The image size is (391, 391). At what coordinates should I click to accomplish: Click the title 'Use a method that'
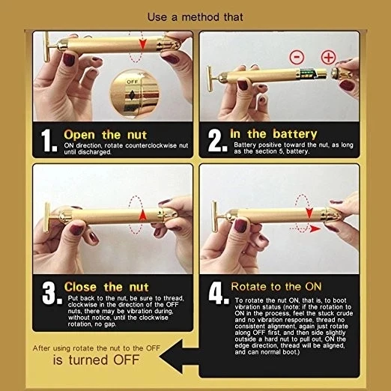[195, 17]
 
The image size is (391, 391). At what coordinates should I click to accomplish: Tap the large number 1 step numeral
[49, 140]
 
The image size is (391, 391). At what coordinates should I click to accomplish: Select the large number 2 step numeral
[217, 140]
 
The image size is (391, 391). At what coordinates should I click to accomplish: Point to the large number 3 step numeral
[52, 293]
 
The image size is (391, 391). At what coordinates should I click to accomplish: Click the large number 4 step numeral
[219, 293]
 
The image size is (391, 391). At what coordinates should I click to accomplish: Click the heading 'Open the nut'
[105, 135]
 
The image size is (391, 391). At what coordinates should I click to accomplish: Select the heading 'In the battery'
[273, 134]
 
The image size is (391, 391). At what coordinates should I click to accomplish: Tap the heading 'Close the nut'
[106, 287]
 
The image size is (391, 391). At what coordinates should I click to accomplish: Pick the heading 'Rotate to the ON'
[276, 287]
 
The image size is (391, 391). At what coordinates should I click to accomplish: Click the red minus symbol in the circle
[297, 57]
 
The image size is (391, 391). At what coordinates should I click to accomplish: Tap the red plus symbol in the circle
[328, 57]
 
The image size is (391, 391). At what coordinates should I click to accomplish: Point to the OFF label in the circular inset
[132, 82]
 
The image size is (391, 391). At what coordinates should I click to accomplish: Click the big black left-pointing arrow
[179, 357]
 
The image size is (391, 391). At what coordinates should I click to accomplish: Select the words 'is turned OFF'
[96, 360]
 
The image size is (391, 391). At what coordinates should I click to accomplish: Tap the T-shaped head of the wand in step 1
[46, 46]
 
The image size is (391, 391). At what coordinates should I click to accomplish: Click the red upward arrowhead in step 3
[142, 215]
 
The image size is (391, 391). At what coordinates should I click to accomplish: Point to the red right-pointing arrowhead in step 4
[315, 228]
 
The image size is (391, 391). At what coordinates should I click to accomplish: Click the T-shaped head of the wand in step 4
[214, 216]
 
